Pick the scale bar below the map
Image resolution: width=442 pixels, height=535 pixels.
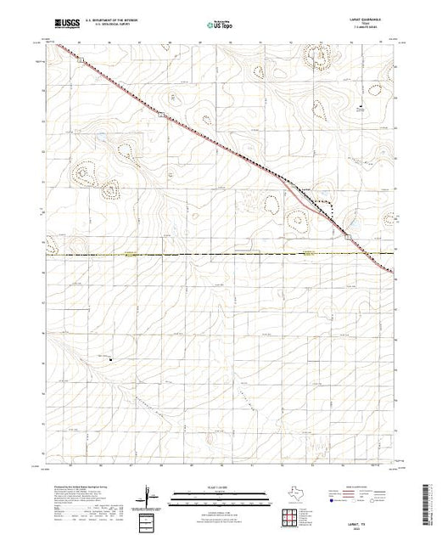(218, 496)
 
